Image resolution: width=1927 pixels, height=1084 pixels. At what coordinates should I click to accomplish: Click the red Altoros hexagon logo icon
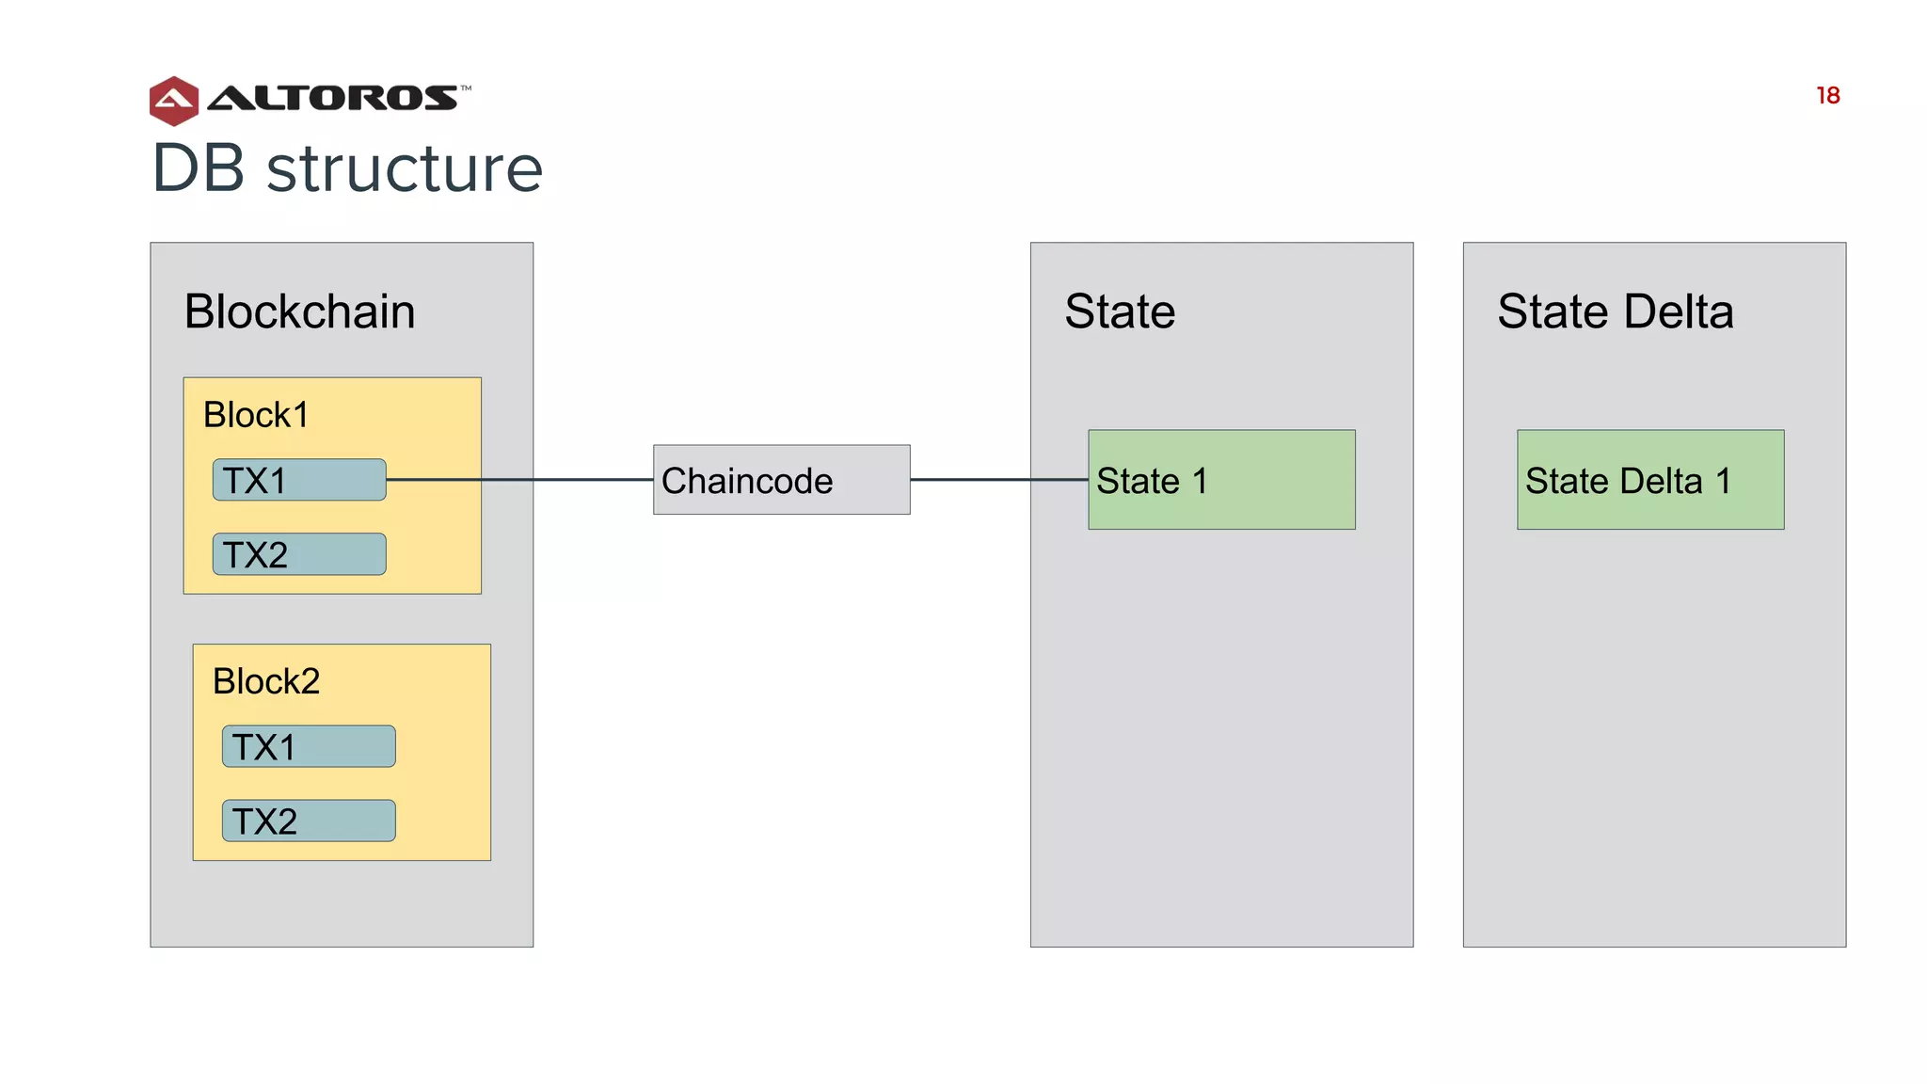point(173,101)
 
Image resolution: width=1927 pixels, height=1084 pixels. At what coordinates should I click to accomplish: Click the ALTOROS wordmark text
point(331,98)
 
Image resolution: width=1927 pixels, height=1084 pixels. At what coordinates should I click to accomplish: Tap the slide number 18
point(1827,96)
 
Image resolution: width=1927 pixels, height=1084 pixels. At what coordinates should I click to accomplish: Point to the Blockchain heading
point(299,311)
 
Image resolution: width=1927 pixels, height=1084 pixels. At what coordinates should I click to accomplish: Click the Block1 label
point(256,415)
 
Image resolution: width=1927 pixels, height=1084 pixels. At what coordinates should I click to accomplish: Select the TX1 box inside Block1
point(299,480)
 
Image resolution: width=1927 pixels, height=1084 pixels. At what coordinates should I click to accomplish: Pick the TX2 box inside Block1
point(299,554)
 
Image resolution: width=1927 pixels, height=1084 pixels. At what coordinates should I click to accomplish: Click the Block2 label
point(266,681)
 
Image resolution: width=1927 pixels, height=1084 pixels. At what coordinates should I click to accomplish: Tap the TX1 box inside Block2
point(309,746)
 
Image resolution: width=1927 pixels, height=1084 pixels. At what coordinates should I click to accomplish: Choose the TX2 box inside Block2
point(309,821)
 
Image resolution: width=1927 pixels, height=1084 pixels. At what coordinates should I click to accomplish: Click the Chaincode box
point(781,480)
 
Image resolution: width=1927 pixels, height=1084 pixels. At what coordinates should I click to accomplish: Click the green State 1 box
point(1221,480)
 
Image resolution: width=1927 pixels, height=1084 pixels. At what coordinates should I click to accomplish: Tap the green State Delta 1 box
point(1649,480)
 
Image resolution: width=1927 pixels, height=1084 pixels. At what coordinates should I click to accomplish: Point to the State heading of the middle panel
point(1120,311)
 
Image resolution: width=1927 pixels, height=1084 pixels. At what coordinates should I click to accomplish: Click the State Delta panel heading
point(1615,311)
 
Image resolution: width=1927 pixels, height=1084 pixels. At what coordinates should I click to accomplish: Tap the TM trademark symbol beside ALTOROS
point(466,88)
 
